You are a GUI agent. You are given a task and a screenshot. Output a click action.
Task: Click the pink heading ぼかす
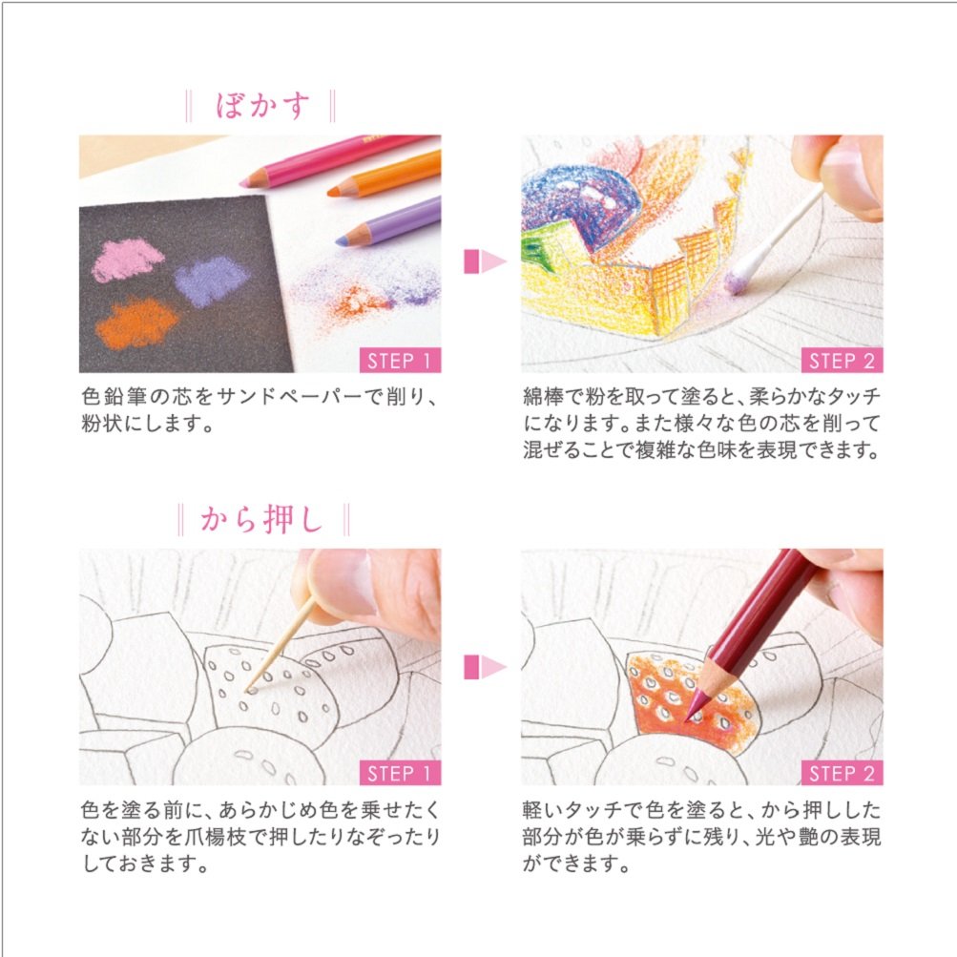pyautogui.click(x=263, y=105)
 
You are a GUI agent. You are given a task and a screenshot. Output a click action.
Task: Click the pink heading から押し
pyautogui.click(x=263, y=520)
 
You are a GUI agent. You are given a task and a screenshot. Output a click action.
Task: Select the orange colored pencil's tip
pyautogui.click(x=335, y=192)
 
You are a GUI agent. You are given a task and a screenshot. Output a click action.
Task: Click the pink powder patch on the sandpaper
pyautogui.click(x=128, y=260)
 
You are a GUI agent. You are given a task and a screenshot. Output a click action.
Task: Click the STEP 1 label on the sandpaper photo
pyautogui.click(x=401, y=361)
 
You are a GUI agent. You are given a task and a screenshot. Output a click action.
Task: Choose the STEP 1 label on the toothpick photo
pyautogui.click(x=401, y=773)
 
